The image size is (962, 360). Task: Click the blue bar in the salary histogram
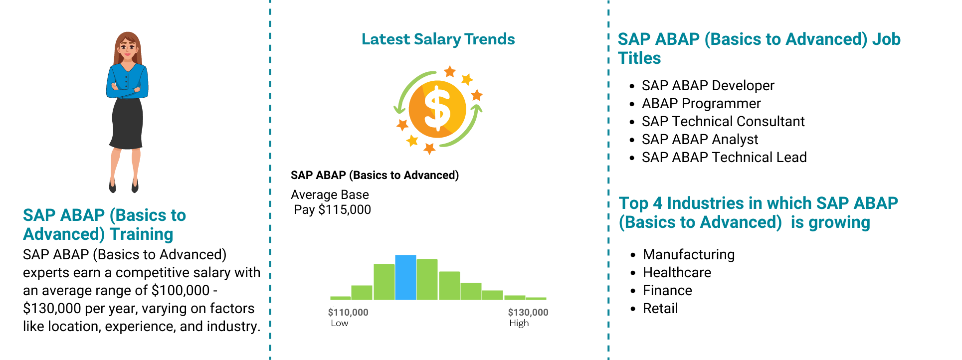click(x=405, y=277)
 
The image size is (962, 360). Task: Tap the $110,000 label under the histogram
click(x=348, y=313)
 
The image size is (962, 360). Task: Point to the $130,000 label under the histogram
click(x=528, y=313)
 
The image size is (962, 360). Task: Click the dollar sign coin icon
click(x=437, y=109)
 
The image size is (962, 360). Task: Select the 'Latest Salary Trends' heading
click(x=438, y=39)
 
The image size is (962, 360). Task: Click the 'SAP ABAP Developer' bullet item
click(x=708, y=86)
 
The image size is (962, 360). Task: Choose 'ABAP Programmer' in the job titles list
click(x=701, y=104)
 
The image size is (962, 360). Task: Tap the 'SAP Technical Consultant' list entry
click(x=723, y=122)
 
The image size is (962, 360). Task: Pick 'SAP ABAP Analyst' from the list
click(x=700, y=140)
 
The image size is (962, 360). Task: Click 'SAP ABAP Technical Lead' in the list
click(x=724, y=158)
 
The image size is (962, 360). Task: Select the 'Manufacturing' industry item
click(x=689, y=255)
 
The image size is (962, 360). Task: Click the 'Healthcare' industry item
click(x=677, y=273)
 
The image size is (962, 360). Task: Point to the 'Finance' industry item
click(x=667, y=291)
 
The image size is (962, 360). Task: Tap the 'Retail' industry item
click(x=660, y=309)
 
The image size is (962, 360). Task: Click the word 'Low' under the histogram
click(x=340, y=323)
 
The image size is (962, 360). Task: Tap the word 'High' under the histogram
click(x=519, y=323)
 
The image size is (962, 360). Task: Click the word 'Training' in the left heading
click(x=142, y=234)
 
